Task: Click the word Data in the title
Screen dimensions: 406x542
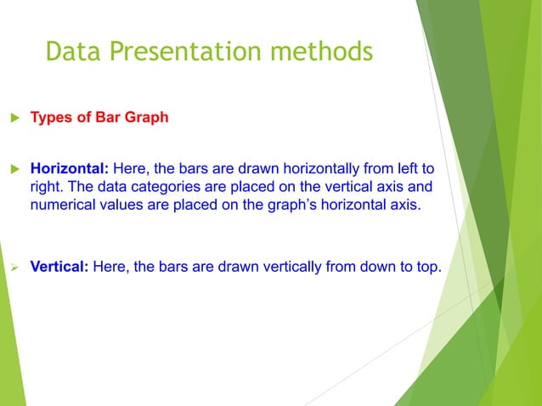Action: [71, 53]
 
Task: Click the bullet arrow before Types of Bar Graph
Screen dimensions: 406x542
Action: [13, 117]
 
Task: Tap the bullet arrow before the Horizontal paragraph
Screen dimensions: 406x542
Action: [13, 168]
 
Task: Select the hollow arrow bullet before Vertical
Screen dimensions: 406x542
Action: [13, 267]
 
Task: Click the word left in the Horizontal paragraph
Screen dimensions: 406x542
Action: [404, 168]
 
